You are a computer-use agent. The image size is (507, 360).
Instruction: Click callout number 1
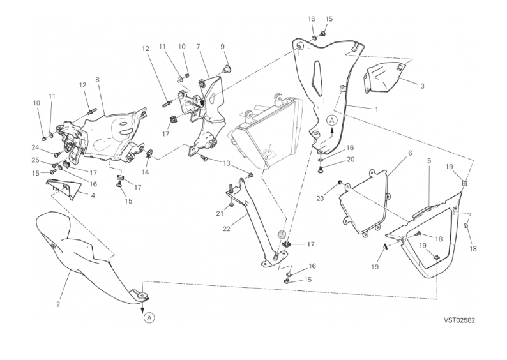(x=376, y=109)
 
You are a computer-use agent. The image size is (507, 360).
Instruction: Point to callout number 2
(x=58, y=304)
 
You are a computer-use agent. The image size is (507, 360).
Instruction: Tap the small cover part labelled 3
(x=383, y=75)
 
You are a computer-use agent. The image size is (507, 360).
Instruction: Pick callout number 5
(x=429, y=161)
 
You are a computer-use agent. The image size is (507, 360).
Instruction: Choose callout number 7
(x=199, y=47)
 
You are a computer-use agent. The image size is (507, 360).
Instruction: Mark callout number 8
(x=97, y=80)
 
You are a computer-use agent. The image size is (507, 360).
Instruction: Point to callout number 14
(x=145, y=172)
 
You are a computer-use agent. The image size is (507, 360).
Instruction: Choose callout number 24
(x=34, y=147)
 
